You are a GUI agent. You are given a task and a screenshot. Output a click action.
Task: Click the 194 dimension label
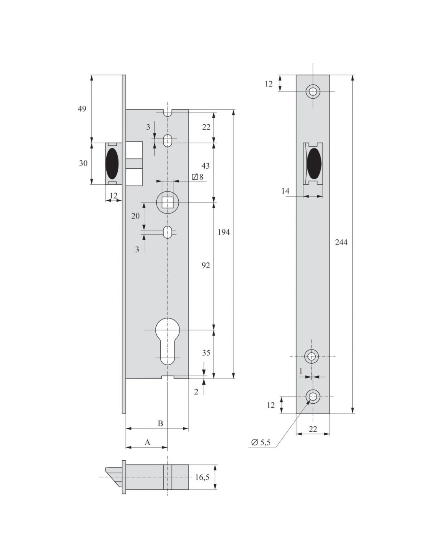[x=223, y=232]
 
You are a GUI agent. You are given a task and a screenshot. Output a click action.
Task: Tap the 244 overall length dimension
[x=341, y=242]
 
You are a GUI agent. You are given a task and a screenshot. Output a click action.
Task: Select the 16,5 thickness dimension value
[x=202, y=478]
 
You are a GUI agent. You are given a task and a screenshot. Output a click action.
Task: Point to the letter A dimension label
[x=147, y=442]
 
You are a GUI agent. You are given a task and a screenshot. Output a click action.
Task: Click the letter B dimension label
[x=160, y=423]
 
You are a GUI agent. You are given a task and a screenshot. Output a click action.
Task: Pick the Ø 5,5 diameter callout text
[x=261, y=442]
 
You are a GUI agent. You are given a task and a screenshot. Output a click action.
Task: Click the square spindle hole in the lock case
[x=167, y=202]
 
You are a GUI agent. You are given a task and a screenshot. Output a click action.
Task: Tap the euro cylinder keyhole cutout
[x=167, y=342]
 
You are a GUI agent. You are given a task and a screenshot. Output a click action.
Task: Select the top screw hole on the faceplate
[x=313, y=91]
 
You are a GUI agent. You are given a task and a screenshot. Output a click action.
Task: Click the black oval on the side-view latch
[x=113, y=164]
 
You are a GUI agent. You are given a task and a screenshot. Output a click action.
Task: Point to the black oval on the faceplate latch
[x=314, y=164]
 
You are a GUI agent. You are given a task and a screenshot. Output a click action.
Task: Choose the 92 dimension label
[x=205, y=265]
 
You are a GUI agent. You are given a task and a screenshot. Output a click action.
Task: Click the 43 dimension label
[x=205, y=166]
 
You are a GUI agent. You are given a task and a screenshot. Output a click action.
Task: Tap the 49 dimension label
[x=82, y=109]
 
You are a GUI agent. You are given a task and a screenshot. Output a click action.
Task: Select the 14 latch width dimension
[x=285, y=191]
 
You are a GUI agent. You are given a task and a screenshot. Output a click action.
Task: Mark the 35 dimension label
[x=206, y=353]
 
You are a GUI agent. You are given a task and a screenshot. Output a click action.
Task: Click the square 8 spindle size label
[x=198, y=177]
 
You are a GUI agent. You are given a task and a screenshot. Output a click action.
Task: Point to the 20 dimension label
[x=135, y=216]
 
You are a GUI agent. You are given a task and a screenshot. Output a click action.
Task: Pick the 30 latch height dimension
[x=83, y=163]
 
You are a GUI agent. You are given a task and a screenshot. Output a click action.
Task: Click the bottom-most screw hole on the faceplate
[x=313, y=397]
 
